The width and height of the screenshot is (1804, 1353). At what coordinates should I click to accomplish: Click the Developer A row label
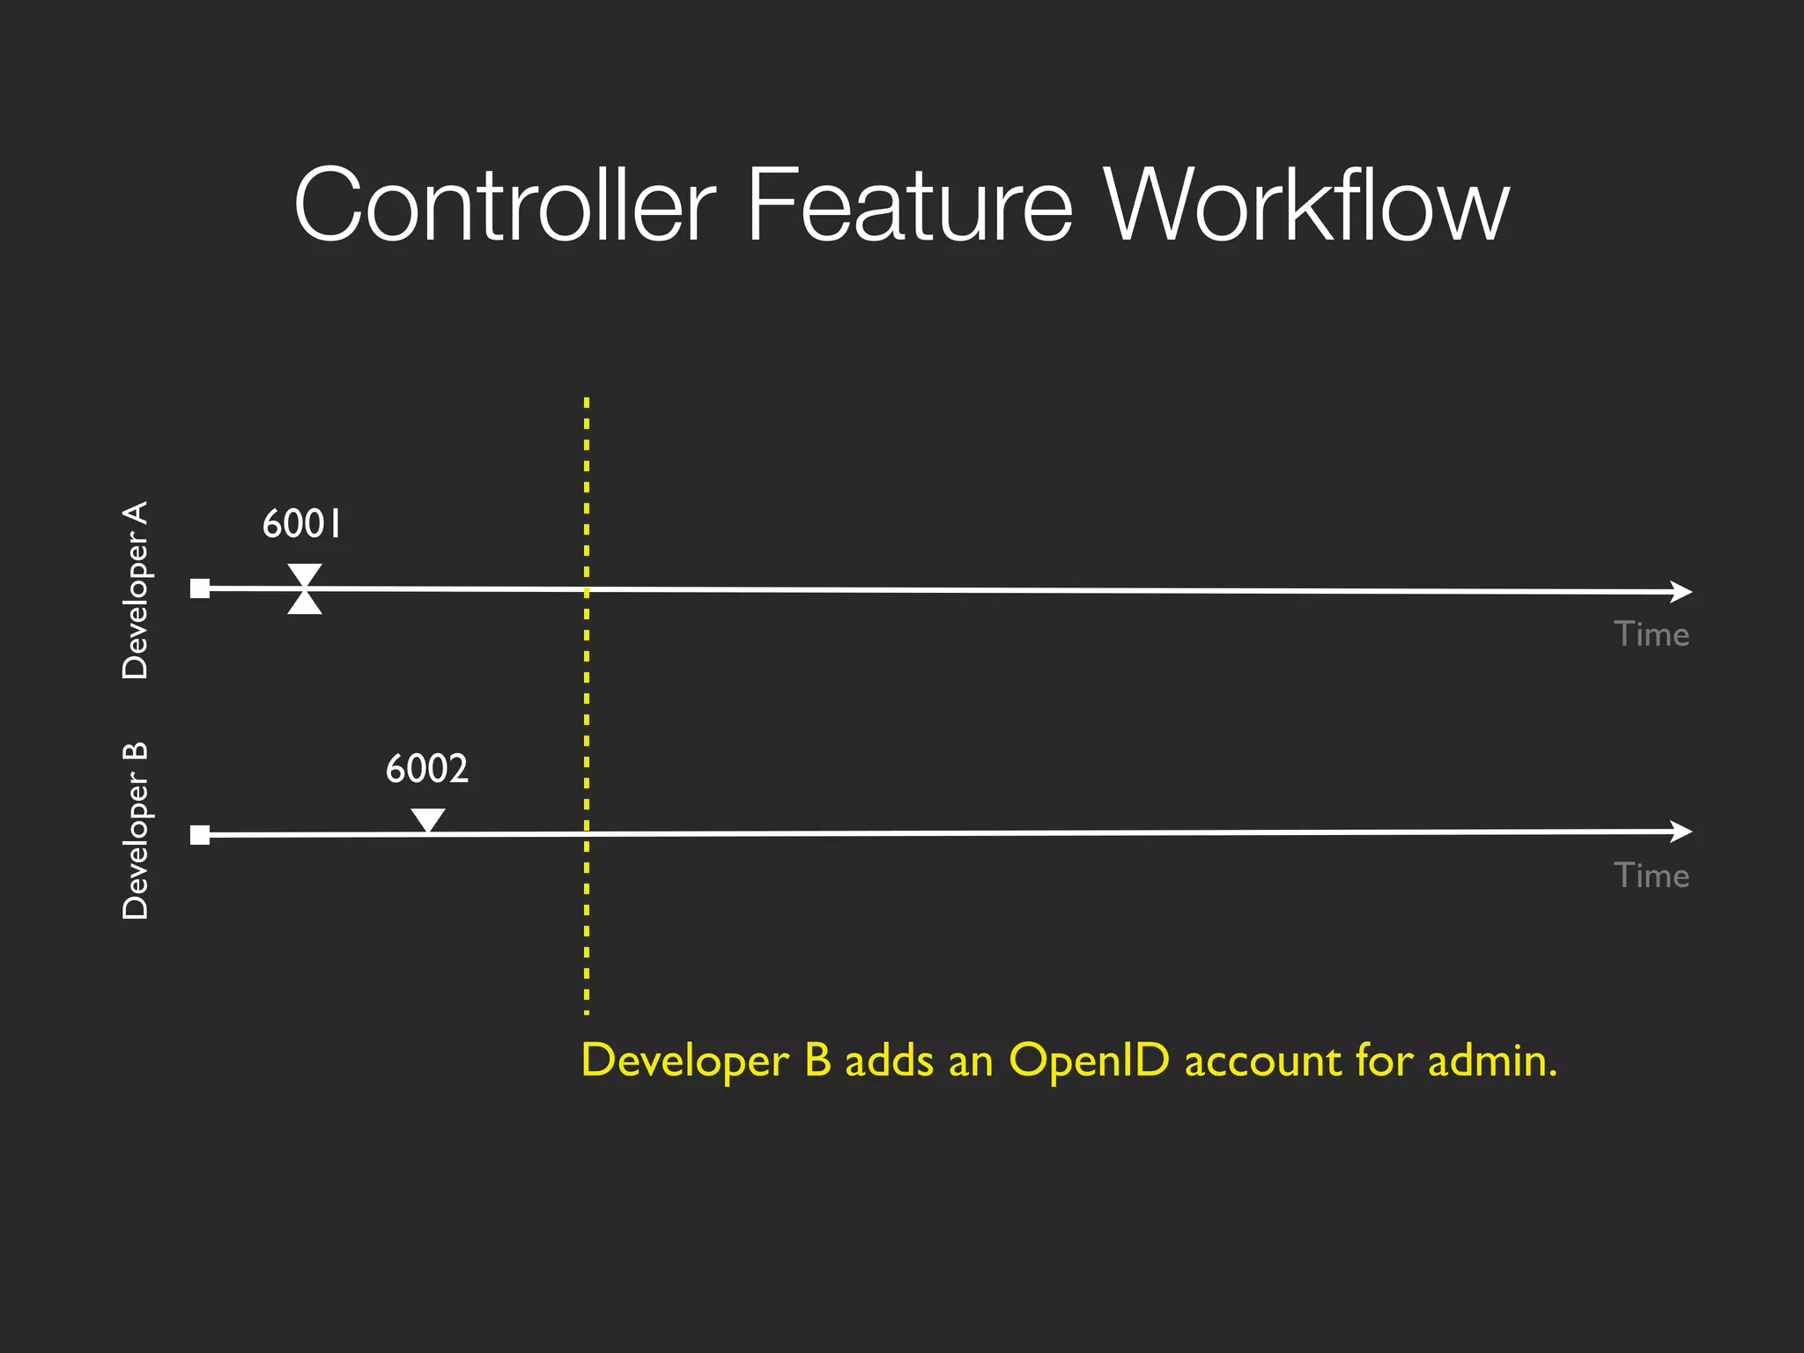click(x=135, y=590)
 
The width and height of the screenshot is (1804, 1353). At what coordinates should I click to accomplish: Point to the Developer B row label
click(x=135, y=831)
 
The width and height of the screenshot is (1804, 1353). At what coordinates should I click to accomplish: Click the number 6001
click(x=301, y=524)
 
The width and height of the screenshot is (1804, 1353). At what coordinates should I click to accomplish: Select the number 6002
click(x=427, y=769)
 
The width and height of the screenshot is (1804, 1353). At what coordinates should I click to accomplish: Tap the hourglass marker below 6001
click(x=305, y=588)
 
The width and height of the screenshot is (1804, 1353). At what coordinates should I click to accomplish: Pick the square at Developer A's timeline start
click(x=200, y=588)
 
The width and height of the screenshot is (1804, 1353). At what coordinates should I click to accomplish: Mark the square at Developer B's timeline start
click(x=200, y=834)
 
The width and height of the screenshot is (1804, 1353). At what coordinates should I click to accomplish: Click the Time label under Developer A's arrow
click(x=1651, y=635)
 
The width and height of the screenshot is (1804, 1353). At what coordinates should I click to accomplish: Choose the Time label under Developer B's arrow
click(x=1651, y=876)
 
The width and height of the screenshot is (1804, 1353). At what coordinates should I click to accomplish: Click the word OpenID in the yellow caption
click(x=1089, y=1061)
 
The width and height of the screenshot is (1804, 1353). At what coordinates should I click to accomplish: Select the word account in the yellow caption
click(x=1262, y=1061)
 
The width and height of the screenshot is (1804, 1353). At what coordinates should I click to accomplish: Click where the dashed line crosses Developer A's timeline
click(x=587, y=589)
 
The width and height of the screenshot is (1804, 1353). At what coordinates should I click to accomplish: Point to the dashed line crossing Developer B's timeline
click(x=587, y=833)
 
